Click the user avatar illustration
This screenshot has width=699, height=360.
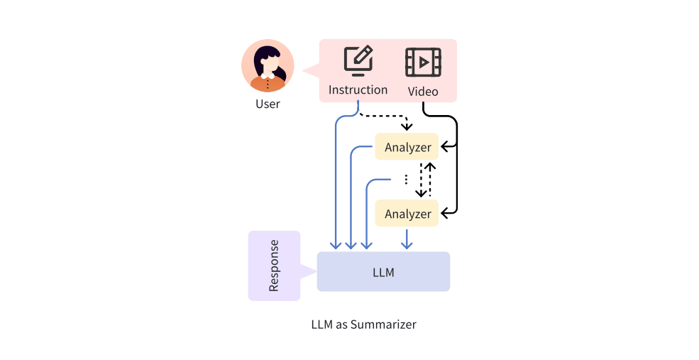pyautogui.click(x=268, y=66)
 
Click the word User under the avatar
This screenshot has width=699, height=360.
pyautogui.click(x=268, y=104)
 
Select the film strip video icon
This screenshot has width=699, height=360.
pyautogui.click(x=423, y=62)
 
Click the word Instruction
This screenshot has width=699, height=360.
pyautogui.click(x=358, y=90)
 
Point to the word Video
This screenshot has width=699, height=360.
pyautogui.click(x=423, y=92)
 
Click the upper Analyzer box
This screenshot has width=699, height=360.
pyautogui.click(x=407, y=147)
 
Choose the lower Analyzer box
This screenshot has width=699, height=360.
pyautogui.click(x=407, y=213)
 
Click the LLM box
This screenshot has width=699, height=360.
pyautogui.click(x=383, y=271)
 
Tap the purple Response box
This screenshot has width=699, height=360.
pyautogui.click(x=274, y=266)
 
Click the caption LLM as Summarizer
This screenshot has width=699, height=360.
pyautogui.click(x=363, y=324)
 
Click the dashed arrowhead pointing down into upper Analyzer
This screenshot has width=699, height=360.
pyautogui.click(x=407, y=127)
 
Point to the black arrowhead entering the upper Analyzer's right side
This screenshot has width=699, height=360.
pyautogui.click(x=444, y=147)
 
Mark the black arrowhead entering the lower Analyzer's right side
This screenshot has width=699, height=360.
pyautogui.click(x=444, y=212)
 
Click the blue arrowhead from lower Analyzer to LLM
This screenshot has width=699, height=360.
pyautogui.click(x=407, y=245)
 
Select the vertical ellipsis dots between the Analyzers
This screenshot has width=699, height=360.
pyautogui.click(x=406, y=179)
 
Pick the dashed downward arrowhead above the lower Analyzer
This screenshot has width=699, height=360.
pyautogui.click(x=421, y=193)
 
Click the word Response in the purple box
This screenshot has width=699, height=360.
pyautogui.click(x=274, y=266)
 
